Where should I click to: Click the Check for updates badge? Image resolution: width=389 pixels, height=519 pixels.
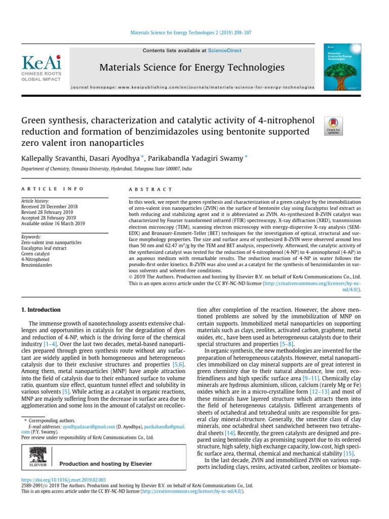pyautogui.click(x=334, y=126)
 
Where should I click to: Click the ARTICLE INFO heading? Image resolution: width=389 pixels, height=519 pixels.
pyautogui.click(x=52, y=189)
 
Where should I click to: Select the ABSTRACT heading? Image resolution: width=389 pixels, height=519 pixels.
pyautogui.click(x=150, y=189)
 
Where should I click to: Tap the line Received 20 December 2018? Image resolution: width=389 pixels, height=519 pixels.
pyautogui.click(x=49, y=207)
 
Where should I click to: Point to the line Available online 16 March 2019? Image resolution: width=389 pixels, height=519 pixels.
pyautogui.click(x=53, y=224)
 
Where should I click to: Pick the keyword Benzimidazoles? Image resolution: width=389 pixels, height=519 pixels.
pyautogui.click(x=37, y=265)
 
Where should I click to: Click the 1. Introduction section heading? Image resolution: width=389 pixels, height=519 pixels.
pyautogui.click(x=41, y=310)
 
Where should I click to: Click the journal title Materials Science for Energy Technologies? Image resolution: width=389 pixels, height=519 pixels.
pyautogui.click(x=191, y=67)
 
